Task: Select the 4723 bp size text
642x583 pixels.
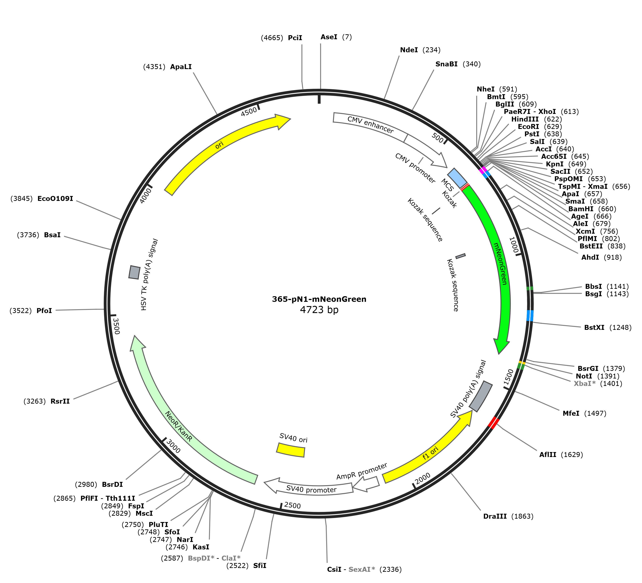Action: (x=319, y=309)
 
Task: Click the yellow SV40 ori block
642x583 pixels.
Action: (x=291, y=450)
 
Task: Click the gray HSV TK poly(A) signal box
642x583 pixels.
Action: (x=134, y=272)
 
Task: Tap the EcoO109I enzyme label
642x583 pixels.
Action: (x=55, y=199)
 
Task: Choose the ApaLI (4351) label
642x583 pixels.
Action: (x=168, y=67)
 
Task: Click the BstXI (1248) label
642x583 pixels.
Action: (x=608, y=327)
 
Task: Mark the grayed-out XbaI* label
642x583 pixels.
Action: (x=585, y=384)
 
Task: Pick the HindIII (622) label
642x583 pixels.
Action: (x=537, y=119)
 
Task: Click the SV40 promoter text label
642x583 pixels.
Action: (x=311, y=490)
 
